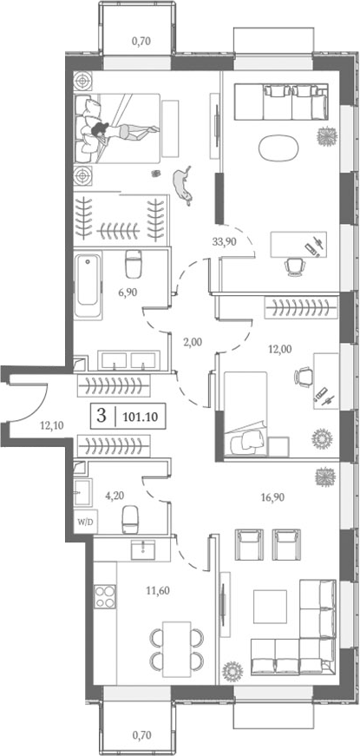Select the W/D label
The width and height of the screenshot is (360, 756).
point(84,523)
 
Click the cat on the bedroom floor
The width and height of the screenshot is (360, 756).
point(183,183)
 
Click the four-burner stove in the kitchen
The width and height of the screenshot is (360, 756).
point(105,597)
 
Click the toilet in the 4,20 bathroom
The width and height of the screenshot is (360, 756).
point(130,519)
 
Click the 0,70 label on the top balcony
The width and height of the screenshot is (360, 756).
point(140,40)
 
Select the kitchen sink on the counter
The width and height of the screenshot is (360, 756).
point(140,549)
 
